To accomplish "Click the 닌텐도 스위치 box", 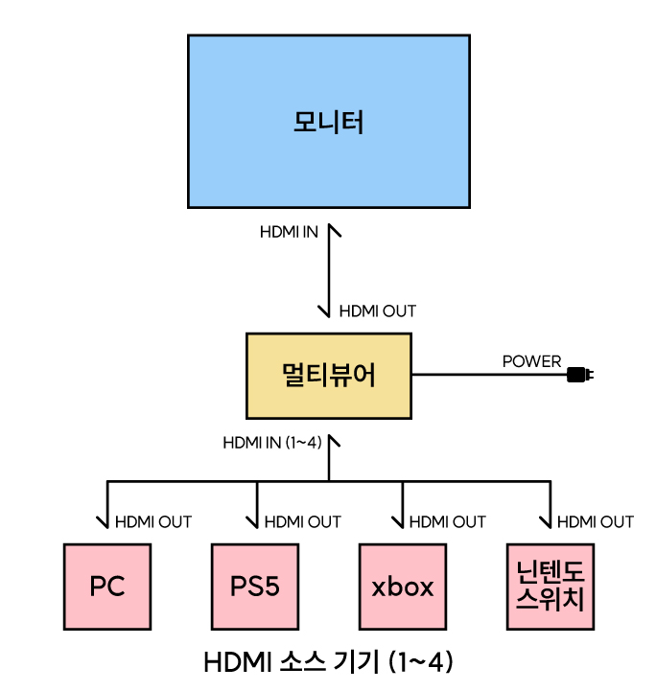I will (x=550, y=587).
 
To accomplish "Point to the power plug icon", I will (x=579, y=374).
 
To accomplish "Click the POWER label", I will (x=531, y=361).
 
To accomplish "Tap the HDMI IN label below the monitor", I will (x=289, y=233).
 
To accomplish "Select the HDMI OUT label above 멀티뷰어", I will (x=378, y=311).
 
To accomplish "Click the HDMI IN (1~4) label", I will (x=271, y=443).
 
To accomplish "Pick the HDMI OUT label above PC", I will (x=153, y=522).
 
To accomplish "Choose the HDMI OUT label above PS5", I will (x=302, y=522).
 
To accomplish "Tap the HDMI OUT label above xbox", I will (x=448, y=522).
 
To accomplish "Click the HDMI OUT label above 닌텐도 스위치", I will (x=596, y=522).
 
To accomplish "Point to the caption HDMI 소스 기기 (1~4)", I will (x=328, y=661).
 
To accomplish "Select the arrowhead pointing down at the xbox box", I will (x=402, y=523).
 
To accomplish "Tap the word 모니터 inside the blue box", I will (x=328, y=123).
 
